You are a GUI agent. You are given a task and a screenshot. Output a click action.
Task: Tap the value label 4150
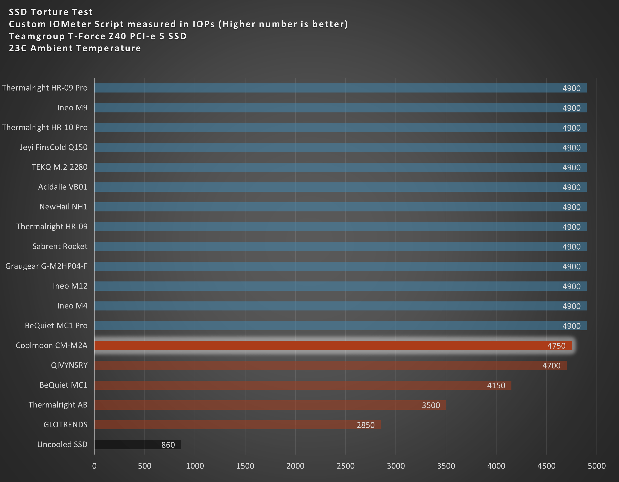[496, 385]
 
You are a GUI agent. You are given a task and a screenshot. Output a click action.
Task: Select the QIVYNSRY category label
[69, 365]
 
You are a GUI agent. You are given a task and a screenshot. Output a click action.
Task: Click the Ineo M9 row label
[72, 107]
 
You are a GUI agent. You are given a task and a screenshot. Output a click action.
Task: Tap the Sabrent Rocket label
[60, 246]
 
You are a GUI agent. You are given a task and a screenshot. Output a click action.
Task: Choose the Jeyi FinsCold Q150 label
[54, 147]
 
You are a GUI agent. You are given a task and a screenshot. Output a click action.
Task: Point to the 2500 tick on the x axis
[345, 466]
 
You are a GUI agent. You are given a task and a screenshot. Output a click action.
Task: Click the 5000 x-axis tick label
[597, 466]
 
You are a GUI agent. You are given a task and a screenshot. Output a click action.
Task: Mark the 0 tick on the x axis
[94, 466]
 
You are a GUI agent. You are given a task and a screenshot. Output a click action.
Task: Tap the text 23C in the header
[18, 48]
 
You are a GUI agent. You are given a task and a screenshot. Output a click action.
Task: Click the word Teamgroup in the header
[37, 36]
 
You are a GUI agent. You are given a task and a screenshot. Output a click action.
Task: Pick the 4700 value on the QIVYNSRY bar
[551, 365]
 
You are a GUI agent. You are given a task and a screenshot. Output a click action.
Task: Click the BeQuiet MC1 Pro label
[56, 325]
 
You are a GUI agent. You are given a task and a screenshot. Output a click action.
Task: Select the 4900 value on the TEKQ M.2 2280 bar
[571, 167]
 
